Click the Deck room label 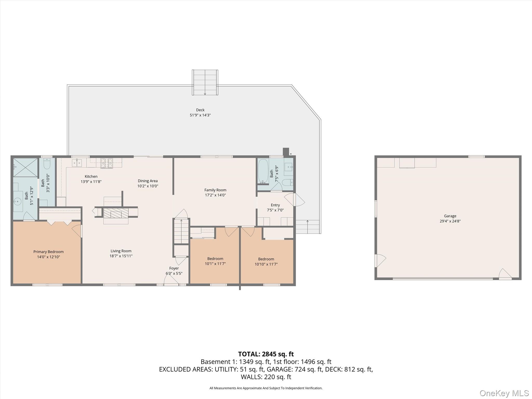pos(200,110)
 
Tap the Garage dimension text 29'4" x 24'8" pos(450,221)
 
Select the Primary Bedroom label pos(48,252)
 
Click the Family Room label pos(215,190)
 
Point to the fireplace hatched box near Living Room pos(116,213)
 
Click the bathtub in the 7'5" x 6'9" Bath pos(263,171)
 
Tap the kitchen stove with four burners pos(107,163)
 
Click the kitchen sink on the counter pos(77,163)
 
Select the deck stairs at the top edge pos(205,82)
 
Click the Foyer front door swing pos(171,280)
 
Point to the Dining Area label pos(148,181)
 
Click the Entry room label pos(275,205)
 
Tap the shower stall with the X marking pos(25,167)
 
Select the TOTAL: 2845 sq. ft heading pos(266,354)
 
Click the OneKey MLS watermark pos(504,393)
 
